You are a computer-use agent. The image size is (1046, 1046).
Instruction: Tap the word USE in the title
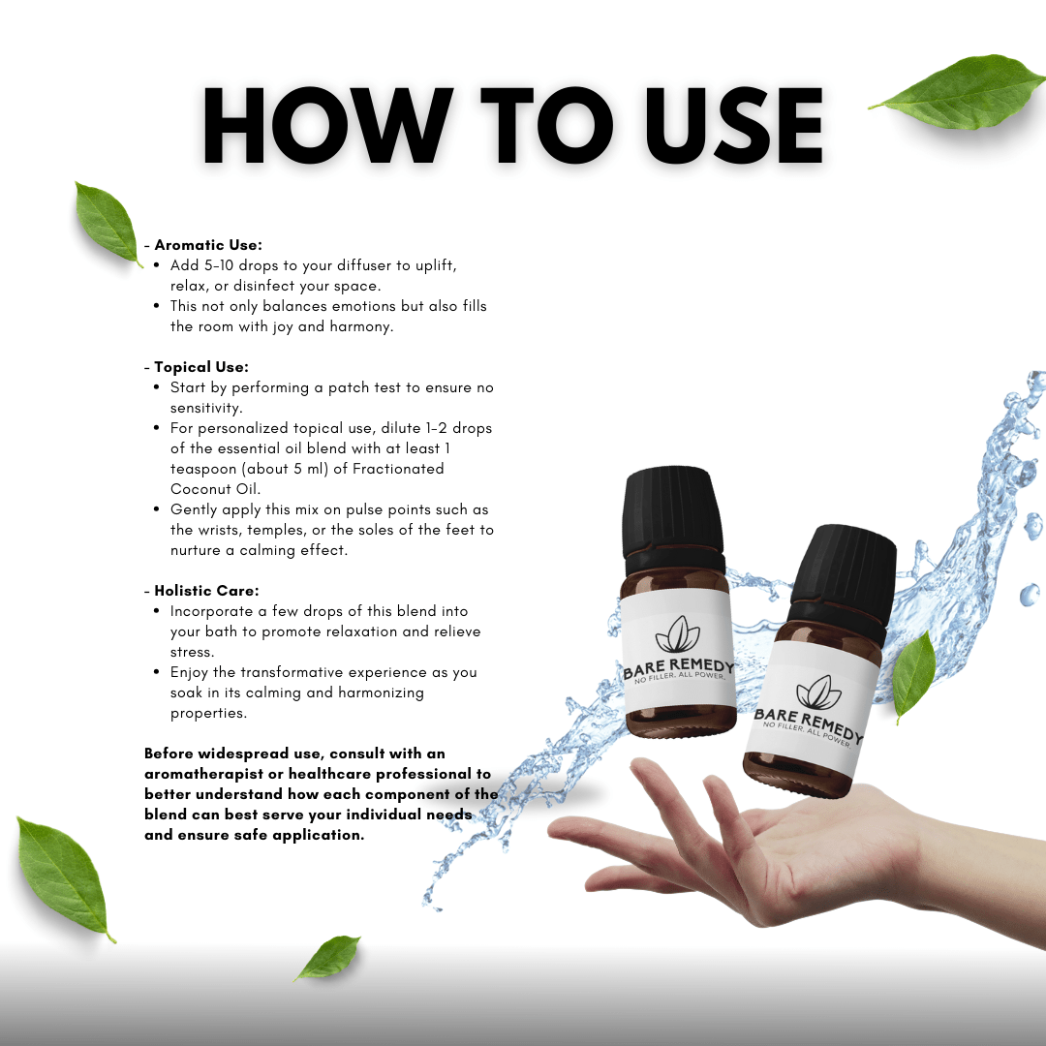point(734,125)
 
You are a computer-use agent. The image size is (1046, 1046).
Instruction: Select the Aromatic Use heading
point(208,245)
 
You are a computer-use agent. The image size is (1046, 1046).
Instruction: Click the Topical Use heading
point(201,367)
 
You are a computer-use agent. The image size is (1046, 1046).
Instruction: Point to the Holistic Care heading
point(207,591)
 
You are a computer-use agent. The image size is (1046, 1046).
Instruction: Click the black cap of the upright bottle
point(673,511)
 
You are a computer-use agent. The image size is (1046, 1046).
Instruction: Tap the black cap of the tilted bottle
point(844,574)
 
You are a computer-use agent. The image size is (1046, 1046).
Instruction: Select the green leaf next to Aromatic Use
point(108,224)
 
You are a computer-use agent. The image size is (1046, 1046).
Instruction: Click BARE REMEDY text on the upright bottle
point(678,667)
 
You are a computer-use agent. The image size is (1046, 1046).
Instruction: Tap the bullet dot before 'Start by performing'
point(156,387)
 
